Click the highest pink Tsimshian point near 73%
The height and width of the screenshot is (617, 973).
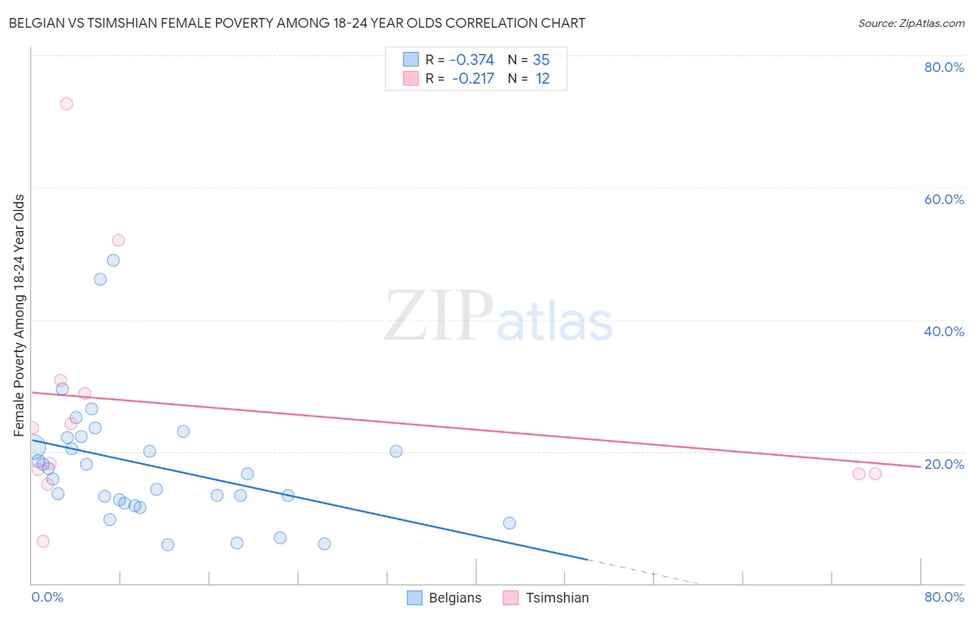[66, 104]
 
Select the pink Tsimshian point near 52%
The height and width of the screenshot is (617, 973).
[118, 241]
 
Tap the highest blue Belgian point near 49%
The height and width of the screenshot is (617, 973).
[113, 260]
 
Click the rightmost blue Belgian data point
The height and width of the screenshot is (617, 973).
[509, 523]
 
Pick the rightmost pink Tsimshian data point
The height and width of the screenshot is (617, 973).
[875, 474]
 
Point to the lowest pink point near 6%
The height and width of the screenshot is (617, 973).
[43, 541]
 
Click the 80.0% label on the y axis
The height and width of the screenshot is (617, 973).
[944, 67]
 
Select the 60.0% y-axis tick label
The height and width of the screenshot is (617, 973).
[944, 199]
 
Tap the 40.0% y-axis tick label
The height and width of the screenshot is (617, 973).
[944, 331]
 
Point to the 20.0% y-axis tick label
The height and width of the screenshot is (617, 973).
[944, 464]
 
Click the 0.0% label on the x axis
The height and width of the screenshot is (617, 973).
[48, 597]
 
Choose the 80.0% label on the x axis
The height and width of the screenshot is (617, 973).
[944, 597]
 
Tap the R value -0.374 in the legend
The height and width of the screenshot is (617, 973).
[472, 60]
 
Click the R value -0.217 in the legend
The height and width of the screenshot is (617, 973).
[473, 79]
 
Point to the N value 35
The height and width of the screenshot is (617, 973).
[541, 60]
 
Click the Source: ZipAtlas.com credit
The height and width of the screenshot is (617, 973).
[911, 24]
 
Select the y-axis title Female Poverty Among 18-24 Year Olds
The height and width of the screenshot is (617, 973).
[19, 315]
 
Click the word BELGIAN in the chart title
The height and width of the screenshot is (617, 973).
[34, 24]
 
